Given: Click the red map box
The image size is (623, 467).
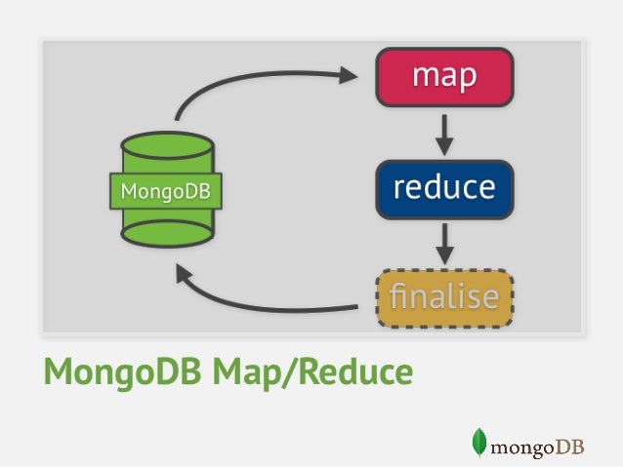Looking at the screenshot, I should click(444, 76).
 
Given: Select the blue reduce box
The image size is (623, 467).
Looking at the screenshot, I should click(444, 188).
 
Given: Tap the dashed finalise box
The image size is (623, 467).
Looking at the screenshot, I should click(444, 296).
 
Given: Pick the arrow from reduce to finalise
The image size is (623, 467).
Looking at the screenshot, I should click(444, 244).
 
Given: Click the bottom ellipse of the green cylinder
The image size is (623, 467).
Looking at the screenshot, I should click(166, 233).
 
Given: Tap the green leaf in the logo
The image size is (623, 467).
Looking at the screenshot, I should click(478, 442).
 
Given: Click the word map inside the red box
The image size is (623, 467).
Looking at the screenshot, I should click(444, 76).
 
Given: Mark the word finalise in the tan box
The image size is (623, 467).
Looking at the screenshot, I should click(444, 296).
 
